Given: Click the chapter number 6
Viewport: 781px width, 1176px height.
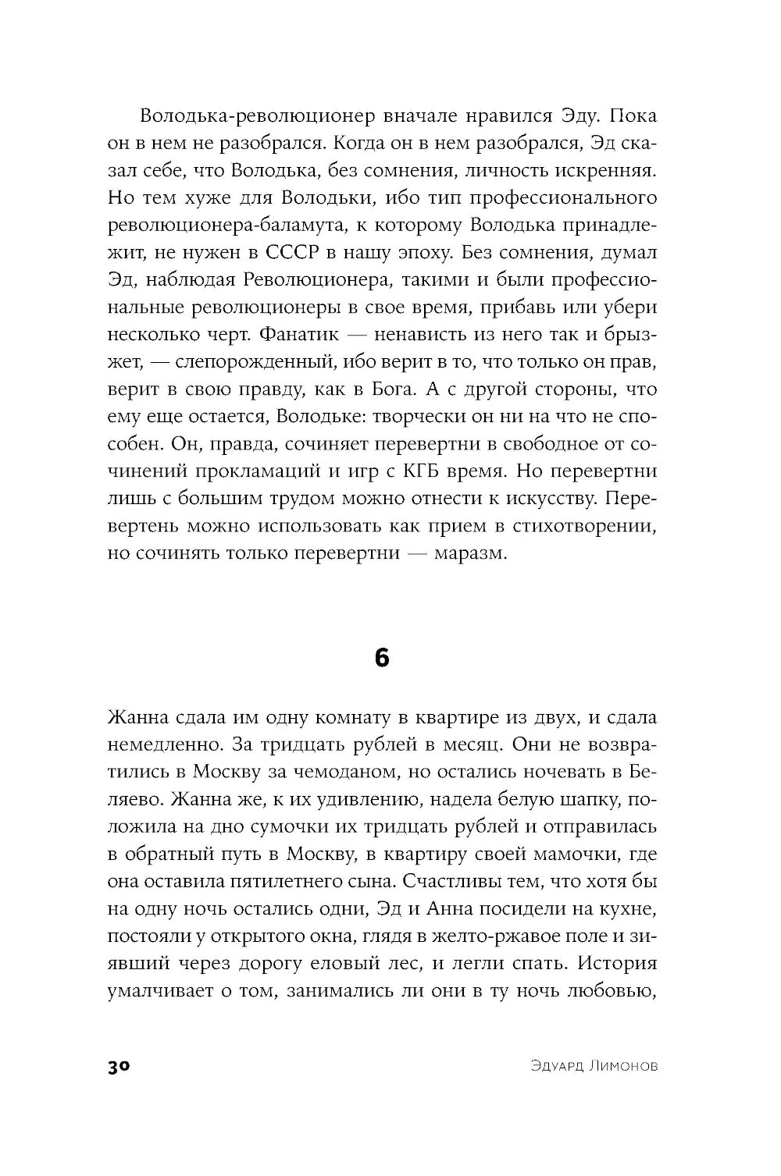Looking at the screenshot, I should [381, 658].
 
